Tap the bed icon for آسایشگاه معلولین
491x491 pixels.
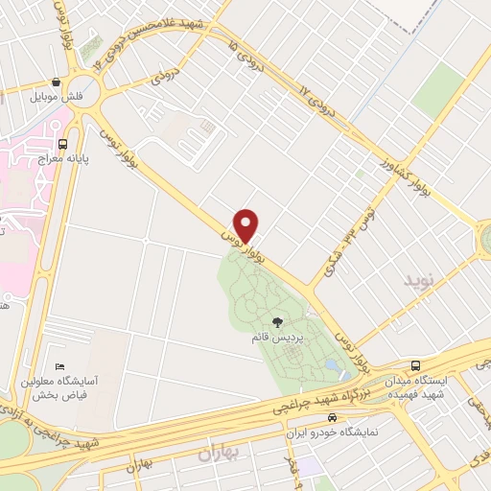tap(61, 366)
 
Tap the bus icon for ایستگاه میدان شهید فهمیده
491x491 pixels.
tap(415, 365)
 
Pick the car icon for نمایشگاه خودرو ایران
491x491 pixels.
tap(332, 418)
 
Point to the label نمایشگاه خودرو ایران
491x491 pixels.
tap(330, 433)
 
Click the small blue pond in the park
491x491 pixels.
tap(331, 366)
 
